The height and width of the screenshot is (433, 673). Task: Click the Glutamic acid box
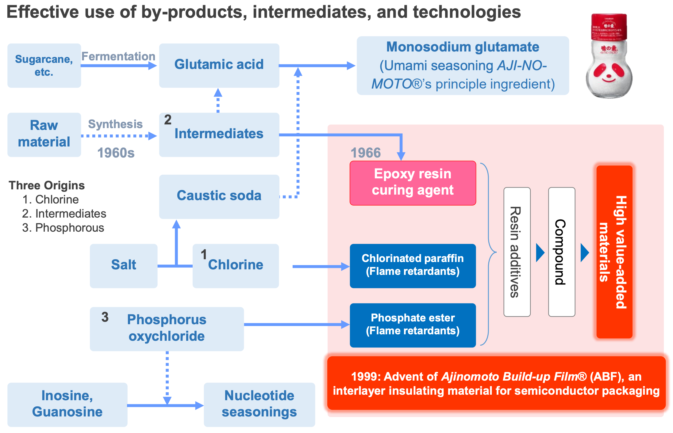click(x=219, y=65)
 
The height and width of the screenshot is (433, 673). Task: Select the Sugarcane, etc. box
click(x=44, y=65)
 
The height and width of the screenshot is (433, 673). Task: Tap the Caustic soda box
click(x=219, y=196)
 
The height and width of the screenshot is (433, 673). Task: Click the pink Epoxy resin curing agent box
click(x=413, y=183)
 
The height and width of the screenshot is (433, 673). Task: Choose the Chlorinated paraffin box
click(x=413, y=265)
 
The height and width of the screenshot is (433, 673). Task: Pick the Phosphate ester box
click(x=413, y=325)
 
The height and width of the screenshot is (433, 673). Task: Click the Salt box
click(x=123, y=265)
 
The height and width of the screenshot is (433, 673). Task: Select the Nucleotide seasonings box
click(x=259, y=404)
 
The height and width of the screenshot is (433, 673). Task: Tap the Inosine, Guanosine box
click(x=67, y=404)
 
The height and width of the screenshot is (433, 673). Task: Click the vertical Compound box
click(x=561, y=252)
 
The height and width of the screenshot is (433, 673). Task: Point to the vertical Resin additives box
click(x=517, y=252)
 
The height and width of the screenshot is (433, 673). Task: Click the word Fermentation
click(x=118, y=56)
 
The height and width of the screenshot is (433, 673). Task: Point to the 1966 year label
click(x=366, y=153)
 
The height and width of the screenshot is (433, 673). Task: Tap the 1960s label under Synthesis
click(x=116, y=153)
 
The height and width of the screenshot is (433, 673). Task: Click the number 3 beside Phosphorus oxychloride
click(x=105, y=317)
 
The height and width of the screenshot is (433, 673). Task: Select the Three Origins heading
click(x=47, y=185)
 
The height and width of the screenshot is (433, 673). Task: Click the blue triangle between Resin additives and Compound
click(x=540, y=253)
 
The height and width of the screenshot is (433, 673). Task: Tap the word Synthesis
click(x=115, y=124)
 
